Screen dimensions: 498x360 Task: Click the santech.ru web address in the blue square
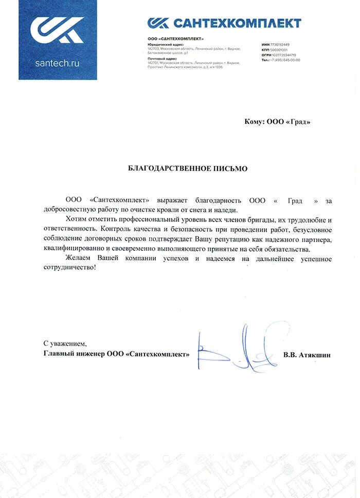(58, 64)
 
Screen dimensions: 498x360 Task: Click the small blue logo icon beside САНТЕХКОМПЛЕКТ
(158, 23)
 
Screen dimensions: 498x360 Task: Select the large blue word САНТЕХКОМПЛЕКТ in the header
(237, 23)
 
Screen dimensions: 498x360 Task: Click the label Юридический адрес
(163, 45)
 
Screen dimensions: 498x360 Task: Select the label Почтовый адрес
(160, 59)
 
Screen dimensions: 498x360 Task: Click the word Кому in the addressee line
(254, 122)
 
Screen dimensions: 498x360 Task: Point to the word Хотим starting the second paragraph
(76, 219)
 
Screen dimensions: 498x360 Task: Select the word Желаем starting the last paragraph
(78, 259)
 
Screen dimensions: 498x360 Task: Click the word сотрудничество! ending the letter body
(69, 268)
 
